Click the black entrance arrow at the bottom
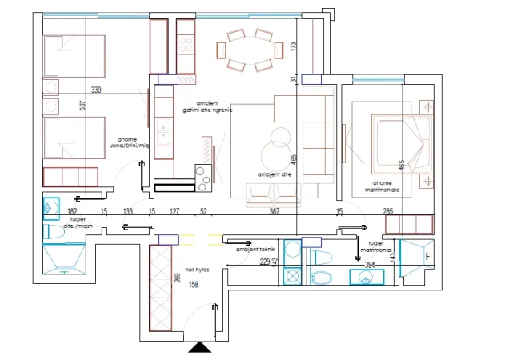pyautogui.click(x=200, y=348)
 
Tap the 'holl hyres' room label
pyautogui.click(x=196, y=270)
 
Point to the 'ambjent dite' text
pyautogui.click(x=274, y=174)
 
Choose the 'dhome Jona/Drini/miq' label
pyautogui.click(x=132, y=142)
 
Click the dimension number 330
pyautogui.click(x=97, y=90)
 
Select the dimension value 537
pyautogui.click(x=82, y=105)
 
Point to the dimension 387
pyautogui.click(x=274, y=211)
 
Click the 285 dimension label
pyautogui.click(x=388, y=211)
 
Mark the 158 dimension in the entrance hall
pyautogui.click(x=193, y=285)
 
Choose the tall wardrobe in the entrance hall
pyautogui.click(x=162, y=287)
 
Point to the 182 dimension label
pyautogui.click(x=72, y=211)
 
